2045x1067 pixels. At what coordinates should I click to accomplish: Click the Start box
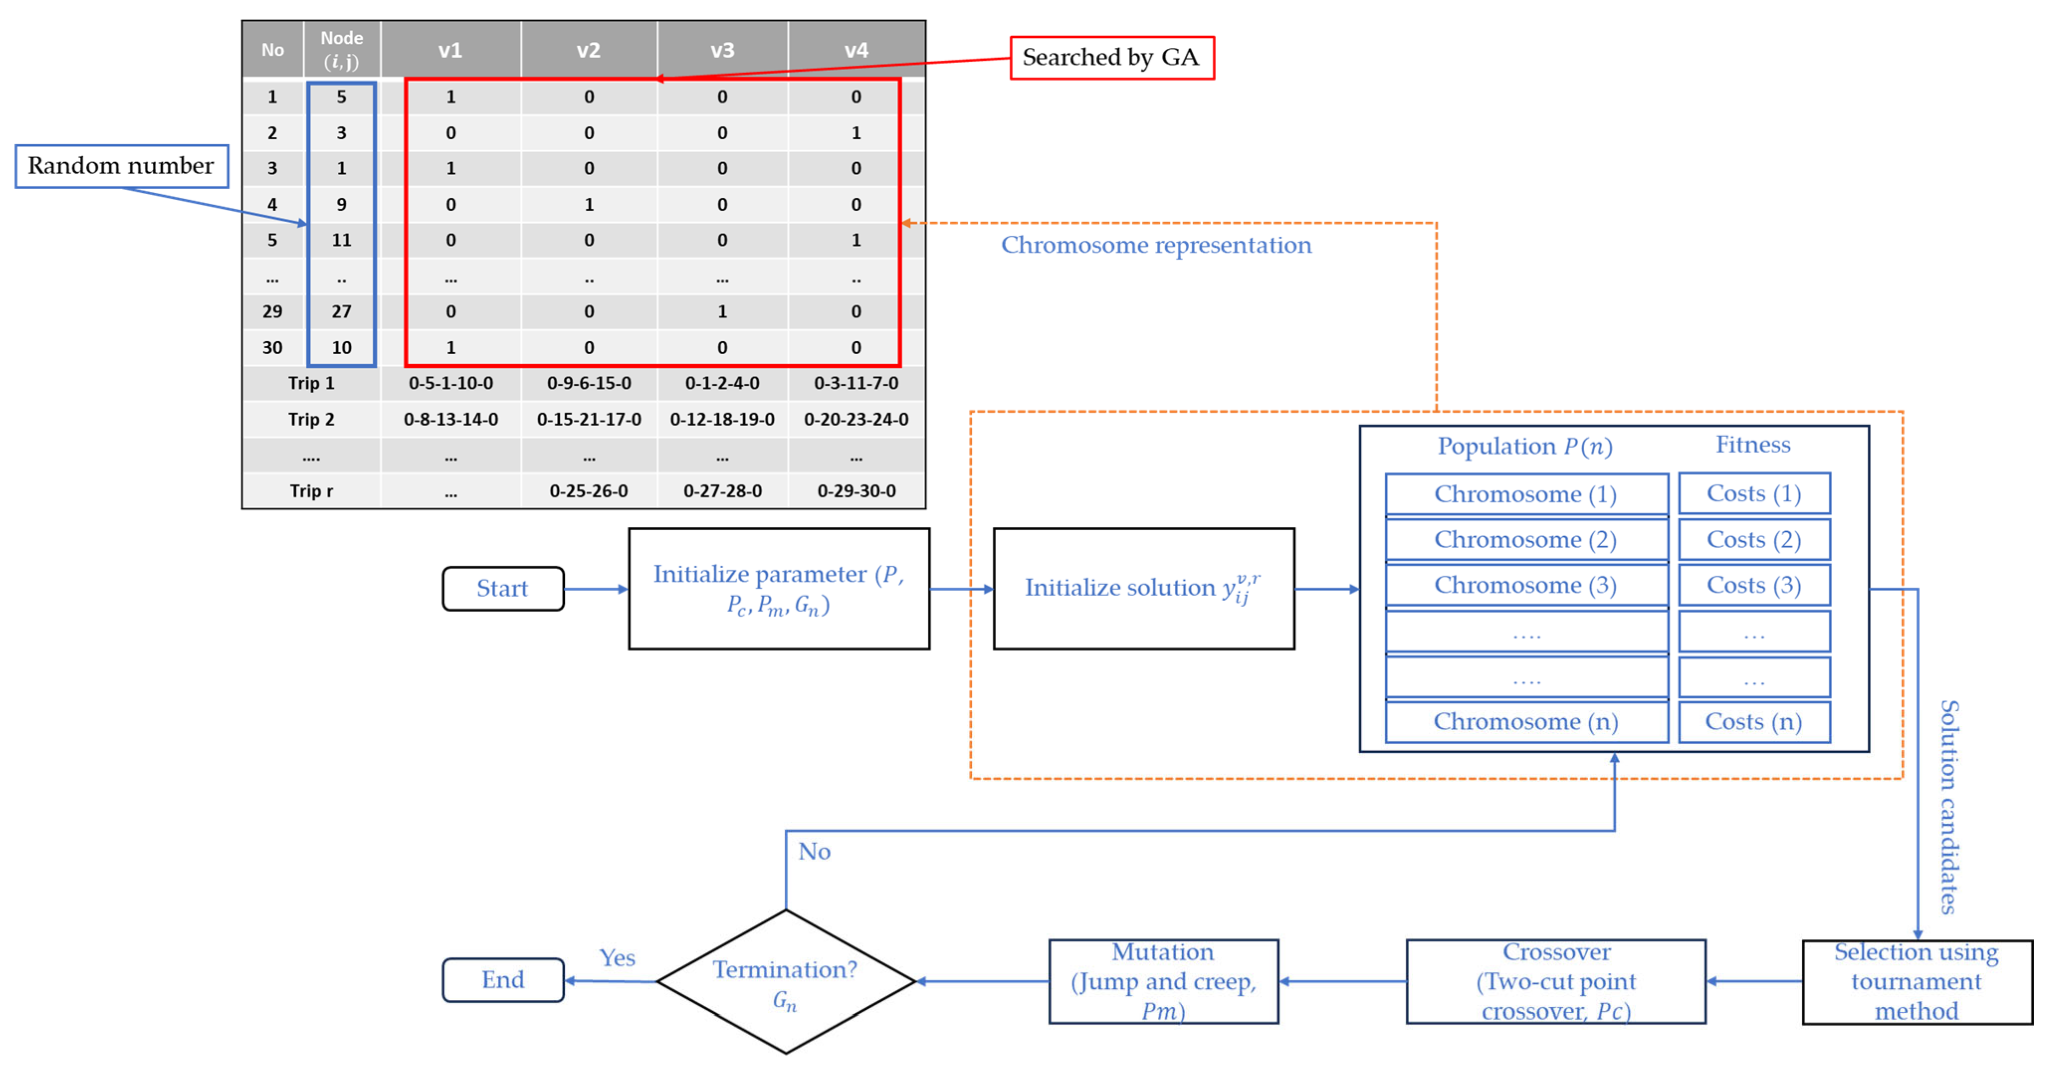coord(503,588)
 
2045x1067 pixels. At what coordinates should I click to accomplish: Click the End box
coord(503,979)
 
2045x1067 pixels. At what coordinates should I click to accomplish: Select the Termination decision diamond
coord(785,981)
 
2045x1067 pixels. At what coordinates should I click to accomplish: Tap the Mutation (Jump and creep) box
coord(1163,981)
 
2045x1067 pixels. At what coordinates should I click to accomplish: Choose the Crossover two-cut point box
coord(1555,981)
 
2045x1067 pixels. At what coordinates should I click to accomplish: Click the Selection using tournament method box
coord(1917,981)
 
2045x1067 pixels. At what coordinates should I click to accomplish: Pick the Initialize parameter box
coord(778,588)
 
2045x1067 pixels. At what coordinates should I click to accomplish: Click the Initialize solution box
coord(1143,588)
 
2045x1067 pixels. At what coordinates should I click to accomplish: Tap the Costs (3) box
coord(1753,585)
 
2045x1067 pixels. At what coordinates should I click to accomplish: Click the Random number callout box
coord(121,166)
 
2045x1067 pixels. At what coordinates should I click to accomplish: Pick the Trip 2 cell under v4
coord(856,419)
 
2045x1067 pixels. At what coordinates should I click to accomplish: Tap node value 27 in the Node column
coord(341,311)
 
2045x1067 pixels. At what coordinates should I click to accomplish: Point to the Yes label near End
coord(617,958)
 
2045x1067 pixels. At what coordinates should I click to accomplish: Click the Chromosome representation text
coord(1156,245)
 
